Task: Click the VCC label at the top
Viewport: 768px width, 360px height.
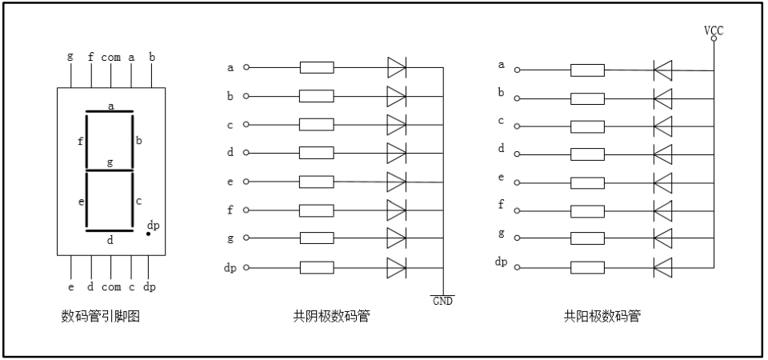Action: [714, 30]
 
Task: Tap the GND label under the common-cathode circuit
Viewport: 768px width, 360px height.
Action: [442, 301]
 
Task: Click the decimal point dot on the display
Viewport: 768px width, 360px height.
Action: [147, 234]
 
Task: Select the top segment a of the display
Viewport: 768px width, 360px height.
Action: [110, 112]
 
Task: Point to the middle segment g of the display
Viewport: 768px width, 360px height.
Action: [110, 170]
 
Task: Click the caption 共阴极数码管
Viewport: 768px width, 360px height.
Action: [331, 316]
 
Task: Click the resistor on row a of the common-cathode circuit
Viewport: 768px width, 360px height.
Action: [317, 67]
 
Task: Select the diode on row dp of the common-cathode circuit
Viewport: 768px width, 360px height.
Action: [397, 267]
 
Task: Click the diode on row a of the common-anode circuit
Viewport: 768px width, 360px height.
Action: [663, 70]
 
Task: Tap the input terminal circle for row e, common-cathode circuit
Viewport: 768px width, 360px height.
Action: [246, 182]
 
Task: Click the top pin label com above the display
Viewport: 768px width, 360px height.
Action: [110, 57]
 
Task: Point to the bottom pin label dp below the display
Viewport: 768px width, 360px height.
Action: [150, 286]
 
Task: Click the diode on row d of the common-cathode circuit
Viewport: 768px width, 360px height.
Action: [397, 153]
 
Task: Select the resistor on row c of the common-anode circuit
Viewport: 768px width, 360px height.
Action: [587, 126]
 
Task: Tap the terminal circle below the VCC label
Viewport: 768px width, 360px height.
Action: [714, 38]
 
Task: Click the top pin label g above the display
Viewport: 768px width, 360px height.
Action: [70, 57]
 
